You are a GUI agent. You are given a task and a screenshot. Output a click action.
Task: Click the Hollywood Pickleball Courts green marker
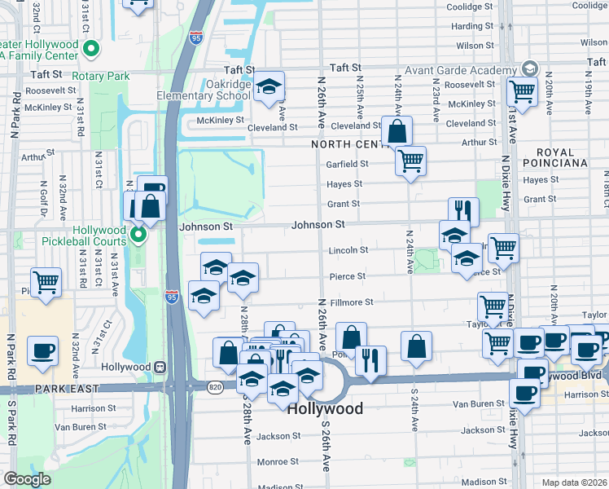click(138, 236)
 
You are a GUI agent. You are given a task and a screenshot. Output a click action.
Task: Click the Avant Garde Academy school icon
click(531, 68)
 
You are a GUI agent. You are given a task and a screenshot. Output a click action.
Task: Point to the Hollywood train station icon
click(160, 367)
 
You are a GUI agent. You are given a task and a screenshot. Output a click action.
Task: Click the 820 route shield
click(215, 385)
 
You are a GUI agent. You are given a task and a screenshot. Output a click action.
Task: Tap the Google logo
click(27, 478)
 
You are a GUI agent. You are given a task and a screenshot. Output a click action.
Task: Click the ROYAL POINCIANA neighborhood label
click(561, 157)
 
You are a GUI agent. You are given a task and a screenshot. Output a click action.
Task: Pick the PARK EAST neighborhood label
click(33, 390)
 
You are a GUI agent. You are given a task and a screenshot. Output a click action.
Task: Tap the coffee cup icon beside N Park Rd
click(43, 351)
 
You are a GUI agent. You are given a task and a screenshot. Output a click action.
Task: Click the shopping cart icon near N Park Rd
click(46, 282)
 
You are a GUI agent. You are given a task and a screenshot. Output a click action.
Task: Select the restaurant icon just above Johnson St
click(462, 210)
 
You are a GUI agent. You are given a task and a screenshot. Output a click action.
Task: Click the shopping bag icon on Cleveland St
click(397, 130)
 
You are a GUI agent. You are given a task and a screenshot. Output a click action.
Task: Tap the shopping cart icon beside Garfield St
click(411, 160)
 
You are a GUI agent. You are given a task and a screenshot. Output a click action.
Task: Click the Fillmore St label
click(351, 302)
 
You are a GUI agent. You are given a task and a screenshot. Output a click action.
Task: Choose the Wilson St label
click(470, 46)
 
